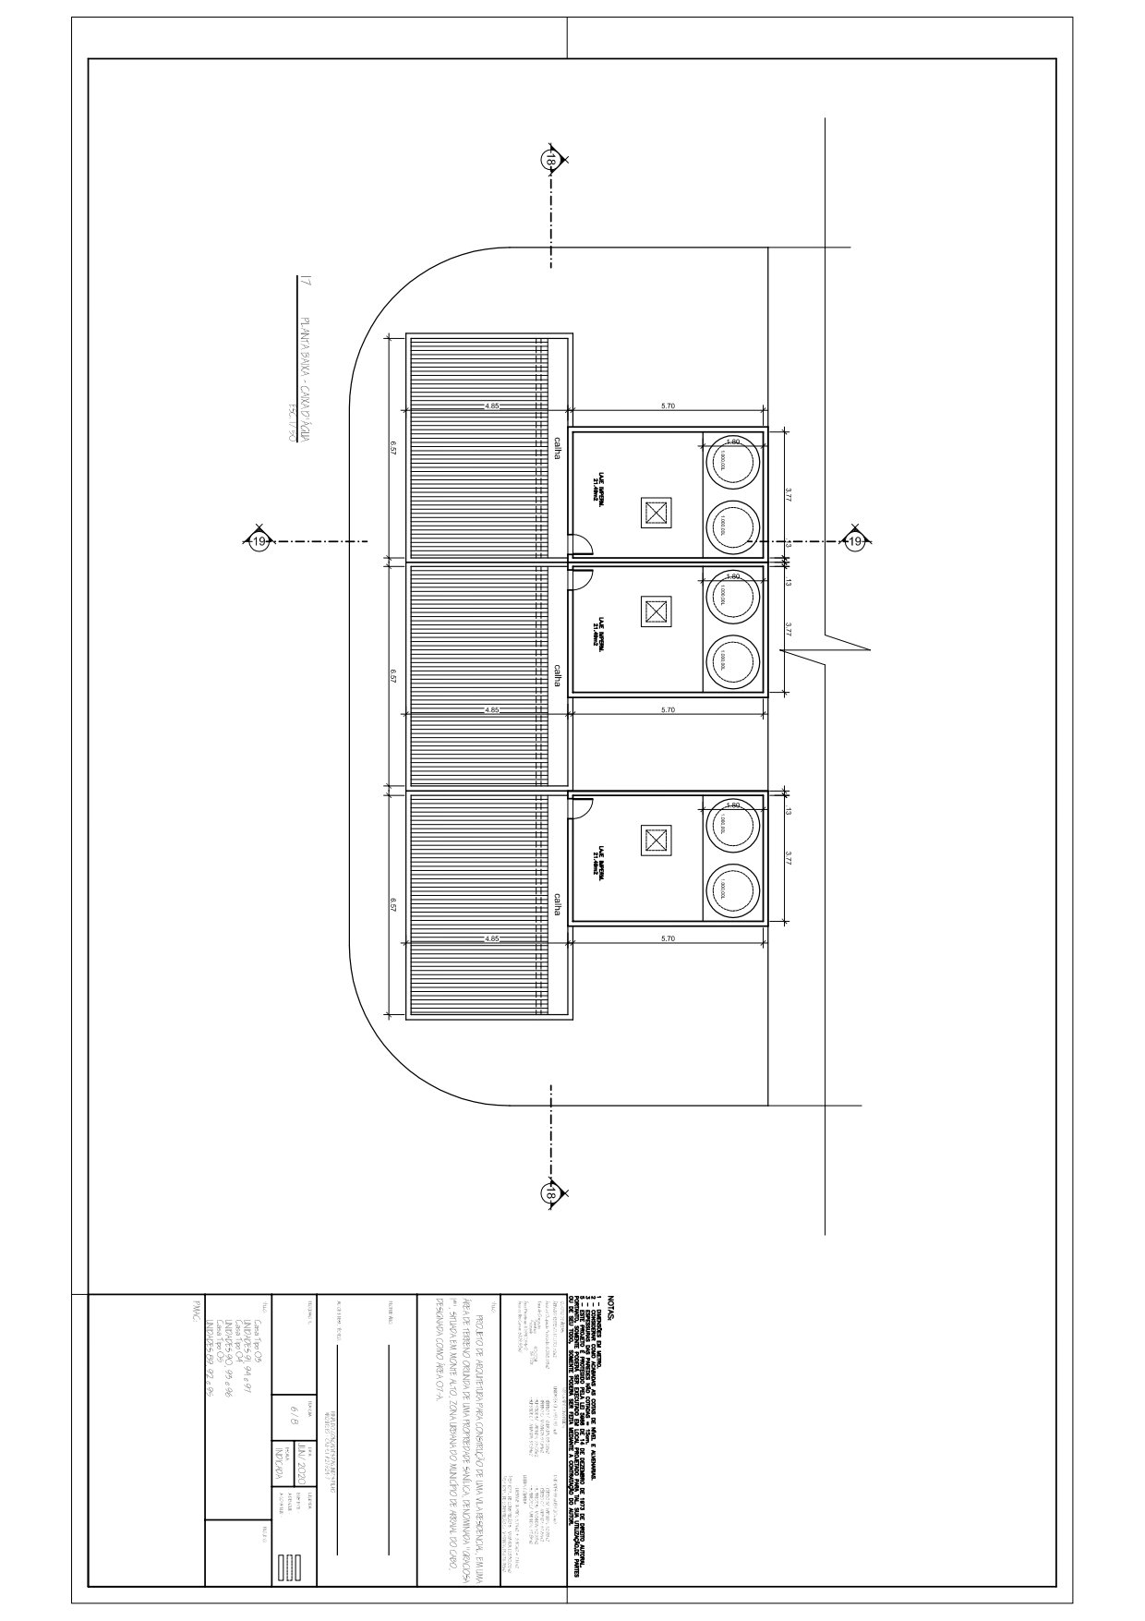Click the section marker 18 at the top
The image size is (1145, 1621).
click(550, 162)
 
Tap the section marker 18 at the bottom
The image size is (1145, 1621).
click(550, 1194)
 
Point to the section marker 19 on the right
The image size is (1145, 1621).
click(855, 542)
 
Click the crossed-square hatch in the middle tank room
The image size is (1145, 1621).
click(656, 610)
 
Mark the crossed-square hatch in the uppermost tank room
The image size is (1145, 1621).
click(656, 513)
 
